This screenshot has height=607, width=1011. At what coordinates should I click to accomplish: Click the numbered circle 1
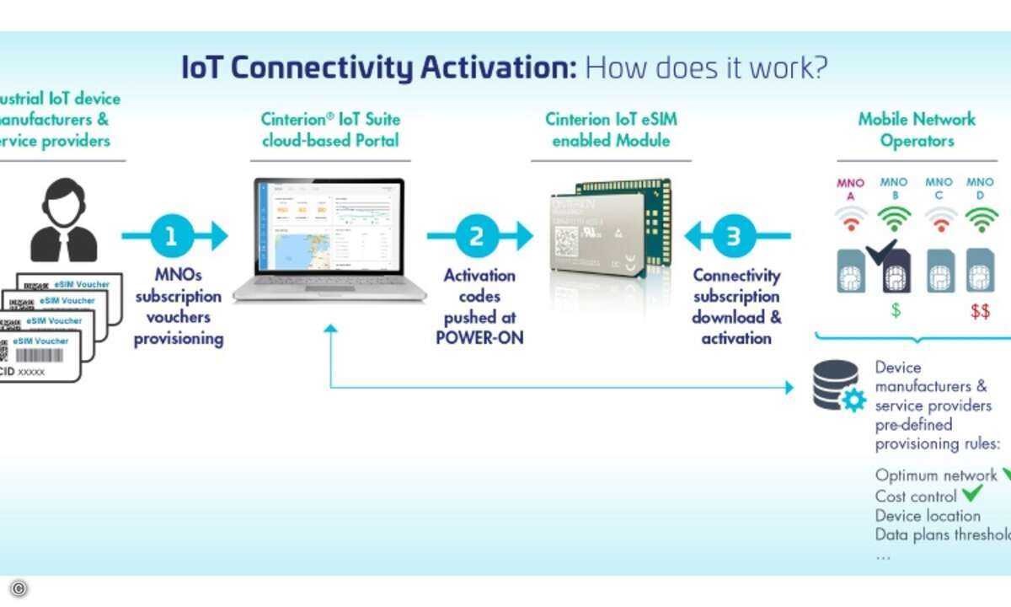click(172, 237)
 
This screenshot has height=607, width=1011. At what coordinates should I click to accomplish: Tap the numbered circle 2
click(477, 237)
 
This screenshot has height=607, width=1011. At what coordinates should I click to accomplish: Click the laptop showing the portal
click(329, 239)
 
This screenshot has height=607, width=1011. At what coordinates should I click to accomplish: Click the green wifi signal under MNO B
click(894, 220)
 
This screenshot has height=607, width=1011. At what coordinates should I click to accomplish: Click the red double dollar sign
click(980, 312)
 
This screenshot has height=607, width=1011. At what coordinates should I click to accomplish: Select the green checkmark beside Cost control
click(972, 495)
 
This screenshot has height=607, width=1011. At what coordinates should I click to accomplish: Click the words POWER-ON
click(480, 338)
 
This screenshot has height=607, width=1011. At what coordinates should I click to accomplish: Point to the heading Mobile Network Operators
click(917, 130)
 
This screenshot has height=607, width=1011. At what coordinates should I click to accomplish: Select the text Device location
click(928, 515)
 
